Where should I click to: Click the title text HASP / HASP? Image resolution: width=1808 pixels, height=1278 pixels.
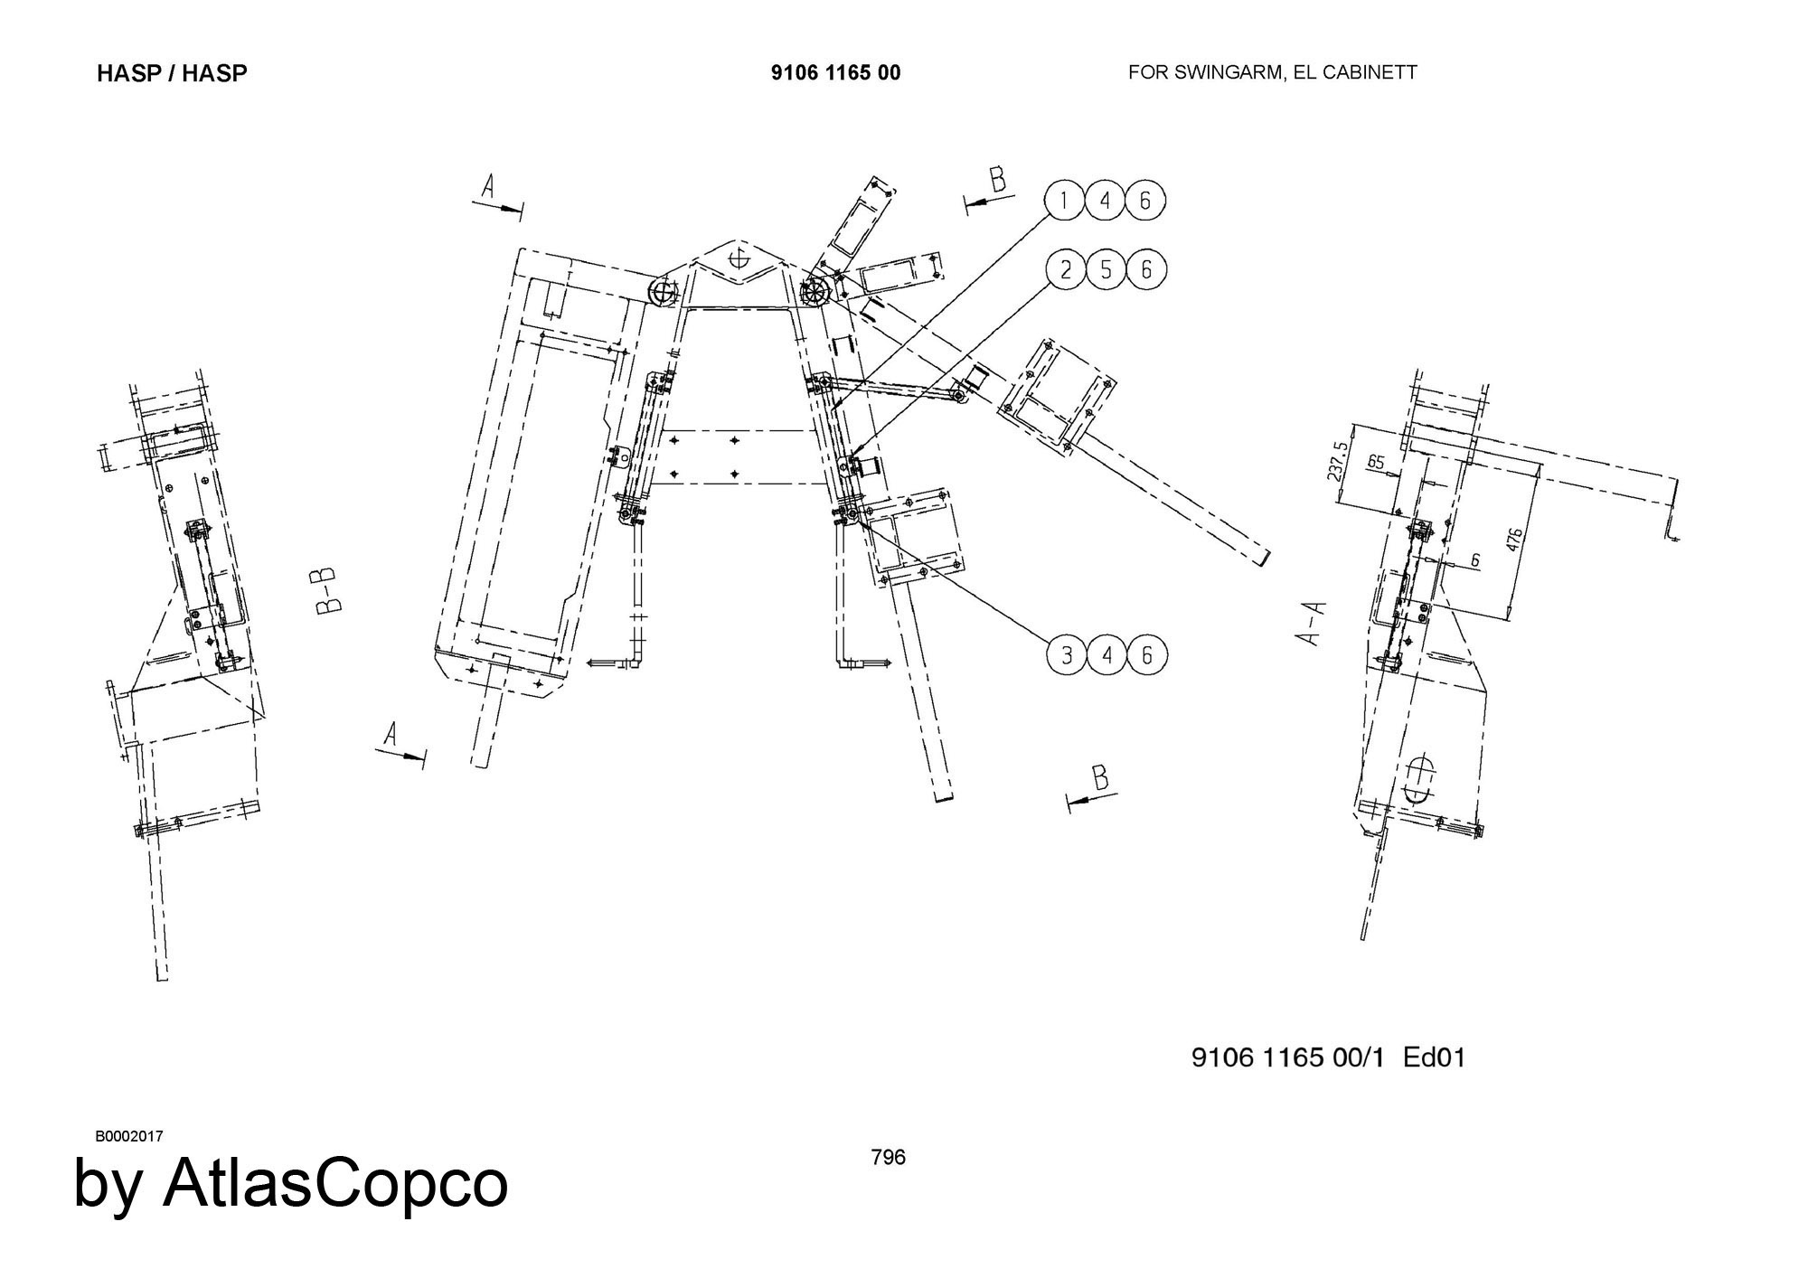pyautogui.click(x=172, y=73)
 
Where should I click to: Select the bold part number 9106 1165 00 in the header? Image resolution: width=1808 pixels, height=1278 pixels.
pyautogui.click(x=835, y=73)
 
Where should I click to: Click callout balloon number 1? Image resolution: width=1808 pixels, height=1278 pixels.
pyautogui.click(x=1065, y=201)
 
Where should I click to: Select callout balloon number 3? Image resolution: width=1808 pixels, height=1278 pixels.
pyautogui.click(x=1068, y=654)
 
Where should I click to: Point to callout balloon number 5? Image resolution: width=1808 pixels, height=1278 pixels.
pyautogui.click(x=1106, y=269)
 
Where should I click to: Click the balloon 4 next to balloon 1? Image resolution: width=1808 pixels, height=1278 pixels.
pyautogui.click(x=1106, y=201)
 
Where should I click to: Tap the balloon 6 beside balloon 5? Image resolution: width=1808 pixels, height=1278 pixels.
pyautogui.click(x=1146, y=269)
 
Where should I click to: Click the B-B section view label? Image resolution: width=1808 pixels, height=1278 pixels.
pyautogui.click(x=327, y=590)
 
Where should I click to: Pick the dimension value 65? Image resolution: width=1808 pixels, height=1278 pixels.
pyautogui.click(x=1376, y=463)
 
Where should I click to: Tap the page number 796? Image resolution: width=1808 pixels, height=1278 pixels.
pyautogui.click(x=888, y=1157)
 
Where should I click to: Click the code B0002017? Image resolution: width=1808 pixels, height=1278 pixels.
pyautogui.click(x=128, y=1136)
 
